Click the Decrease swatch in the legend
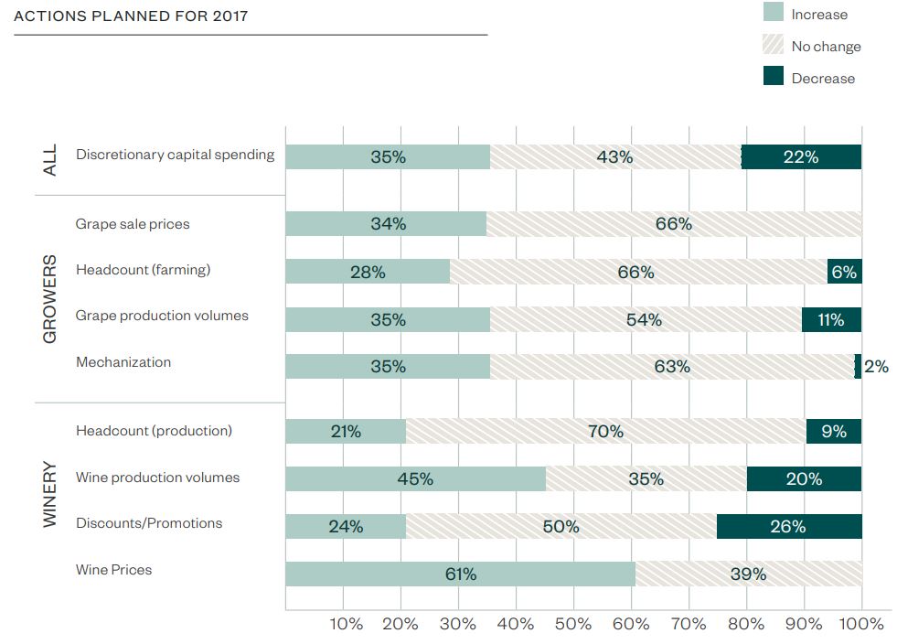(774, 77)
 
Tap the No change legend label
(826, 46)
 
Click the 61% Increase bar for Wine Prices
(460, 574)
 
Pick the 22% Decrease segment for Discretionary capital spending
(801, 156)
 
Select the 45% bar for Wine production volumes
(415, 478)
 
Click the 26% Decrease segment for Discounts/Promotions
(788, 526)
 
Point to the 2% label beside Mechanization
(876, 367)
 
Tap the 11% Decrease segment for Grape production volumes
(831, 319)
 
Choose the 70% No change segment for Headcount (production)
(605, 431)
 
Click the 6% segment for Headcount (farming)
(844, 271)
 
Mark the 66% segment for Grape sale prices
(674, 224)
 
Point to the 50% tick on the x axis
(573, 624)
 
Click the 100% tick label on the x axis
(861, 624)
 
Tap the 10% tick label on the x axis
(345, 624)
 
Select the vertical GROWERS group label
(49, 298)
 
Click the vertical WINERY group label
(49, 494)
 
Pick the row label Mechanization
(123, 362)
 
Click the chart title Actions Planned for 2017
(131, 16)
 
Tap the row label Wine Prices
(114, 570)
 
